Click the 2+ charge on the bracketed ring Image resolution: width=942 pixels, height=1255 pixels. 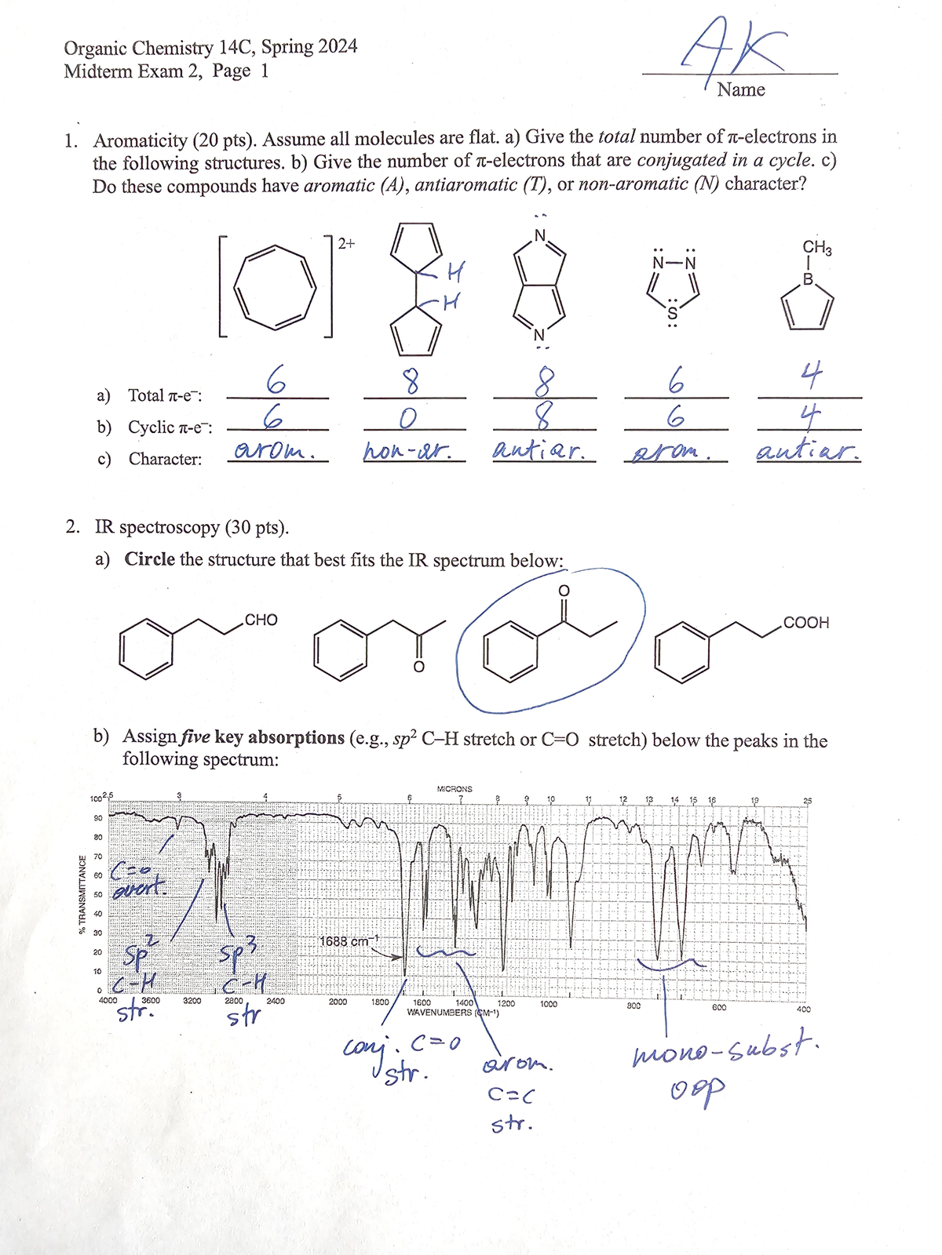(346, 243)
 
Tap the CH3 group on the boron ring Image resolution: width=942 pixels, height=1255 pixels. (816, 248)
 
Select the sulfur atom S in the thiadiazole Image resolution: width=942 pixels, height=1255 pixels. (672, 314)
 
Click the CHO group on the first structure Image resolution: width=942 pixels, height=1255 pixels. (261, 620)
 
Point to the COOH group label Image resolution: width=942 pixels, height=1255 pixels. (805, 623)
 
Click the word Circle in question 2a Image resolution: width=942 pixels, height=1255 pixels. (149, 560)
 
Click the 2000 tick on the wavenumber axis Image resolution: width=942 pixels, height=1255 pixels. (338, 1002)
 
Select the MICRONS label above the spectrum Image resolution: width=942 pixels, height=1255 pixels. (455, 788)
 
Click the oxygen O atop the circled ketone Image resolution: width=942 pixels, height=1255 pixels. (563, 590)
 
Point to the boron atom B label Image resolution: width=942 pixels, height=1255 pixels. (808, 278)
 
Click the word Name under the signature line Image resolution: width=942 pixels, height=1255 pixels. (740, 90)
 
